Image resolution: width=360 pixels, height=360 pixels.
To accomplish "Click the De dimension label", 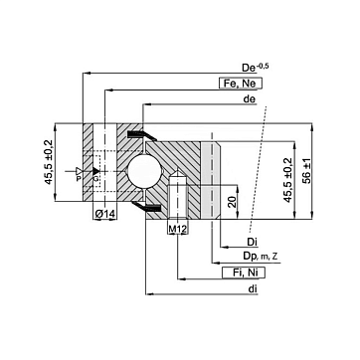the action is click(x=255, y=68).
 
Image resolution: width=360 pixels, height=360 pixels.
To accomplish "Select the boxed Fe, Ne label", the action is click(x=241, y=84).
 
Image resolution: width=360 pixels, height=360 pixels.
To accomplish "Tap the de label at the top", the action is click(x=250, y=99).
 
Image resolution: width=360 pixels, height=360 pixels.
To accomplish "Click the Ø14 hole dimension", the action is click(x=104, y=214).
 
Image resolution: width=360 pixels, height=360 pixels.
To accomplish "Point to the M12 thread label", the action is click(x=178, y=229).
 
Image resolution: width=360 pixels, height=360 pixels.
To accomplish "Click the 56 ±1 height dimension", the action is click(x=307, y=171).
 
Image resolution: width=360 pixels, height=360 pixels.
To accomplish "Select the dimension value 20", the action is click(x=233, y=202).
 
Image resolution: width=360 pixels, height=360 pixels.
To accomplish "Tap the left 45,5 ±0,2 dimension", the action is click(x=49, y=162).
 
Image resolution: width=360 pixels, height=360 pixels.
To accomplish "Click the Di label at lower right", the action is click(x=253, y=243).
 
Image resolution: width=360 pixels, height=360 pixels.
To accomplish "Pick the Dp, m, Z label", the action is click(x=261, y=257).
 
